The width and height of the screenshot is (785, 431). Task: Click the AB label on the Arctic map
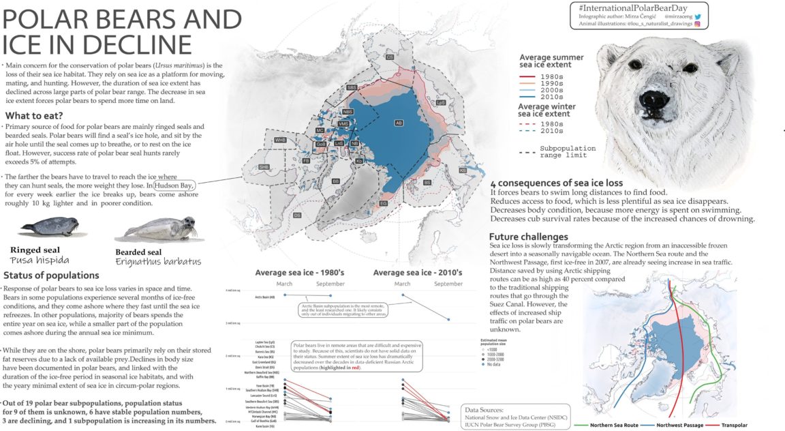pos(399,123)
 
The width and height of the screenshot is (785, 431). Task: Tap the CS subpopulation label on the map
pos(390,58)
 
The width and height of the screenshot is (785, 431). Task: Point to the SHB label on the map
pos(264,167)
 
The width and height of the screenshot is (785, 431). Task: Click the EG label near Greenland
pos(384,203)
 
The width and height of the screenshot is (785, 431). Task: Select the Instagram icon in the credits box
pos(697,23)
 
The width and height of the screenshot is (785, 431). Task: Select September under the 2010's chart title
pos(449,284)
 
